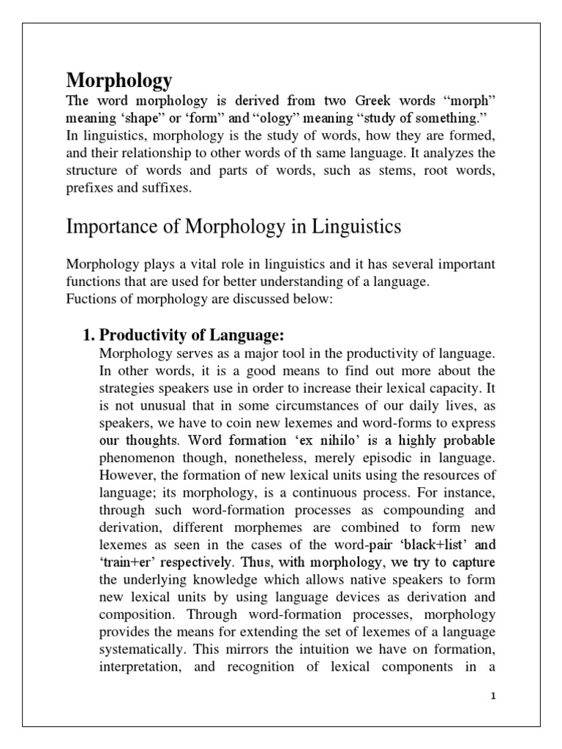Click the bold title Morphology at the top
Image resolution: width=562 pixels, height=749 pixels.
click(x=119, y=79)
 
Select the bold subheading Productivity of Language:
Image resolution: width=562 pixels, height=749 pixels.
click(x=191, y=336)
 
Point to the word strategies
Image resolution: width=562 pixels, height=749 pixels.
click(x=127, y=388)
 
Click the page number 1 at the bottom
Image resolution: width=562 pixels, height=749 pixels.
click(x=494, y=696)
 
